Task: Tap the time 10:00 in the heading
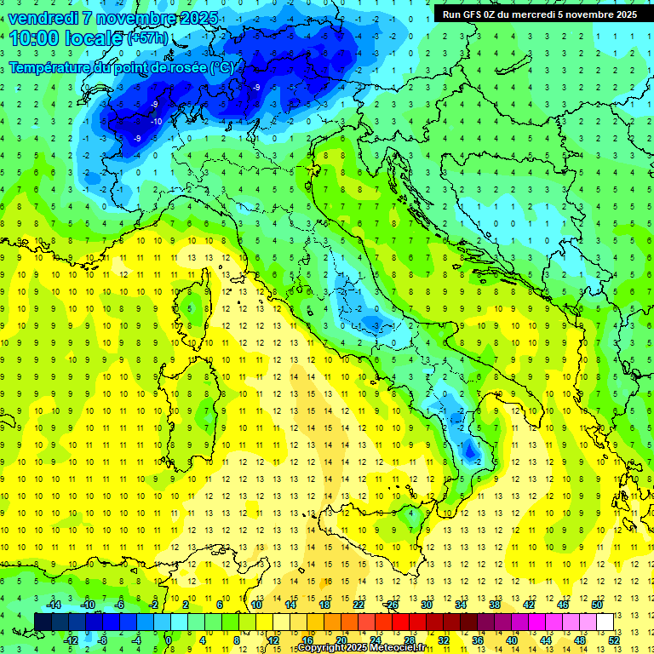35,37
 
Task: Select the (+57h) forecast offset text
147,38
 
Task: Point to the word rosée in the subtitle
187,67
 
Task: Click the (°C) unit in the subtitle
221,67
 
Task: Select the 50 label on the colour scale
596,605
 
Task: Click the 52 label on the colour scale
613,640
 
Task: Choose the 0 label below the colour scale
169,640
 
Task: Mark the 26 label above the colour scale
392,605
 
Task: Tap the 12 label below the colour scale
272,640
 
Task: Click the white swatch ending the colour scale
605,622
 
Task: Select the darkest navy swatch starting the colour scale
43,622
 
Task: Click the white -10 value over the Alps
157,122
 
